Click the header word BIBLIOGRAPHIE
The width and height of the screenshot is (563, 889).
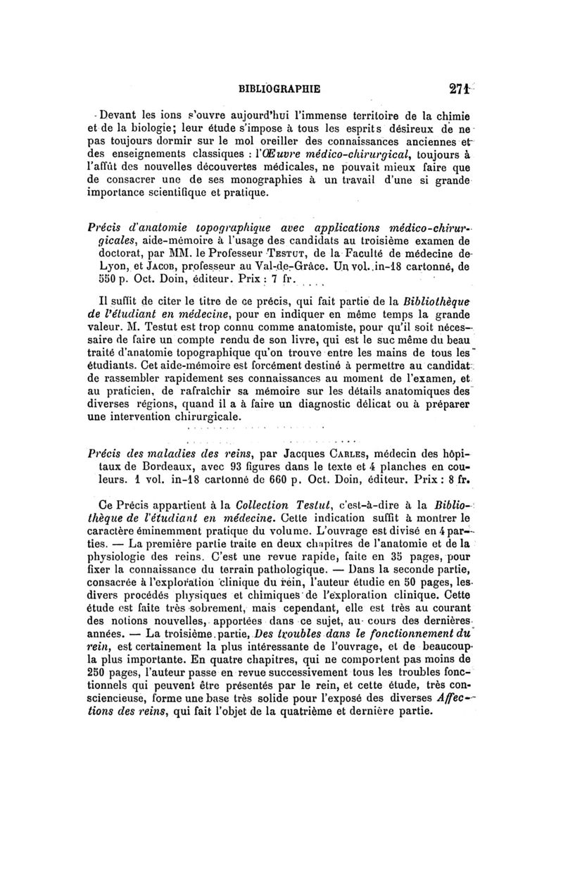tap(279, 89)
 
